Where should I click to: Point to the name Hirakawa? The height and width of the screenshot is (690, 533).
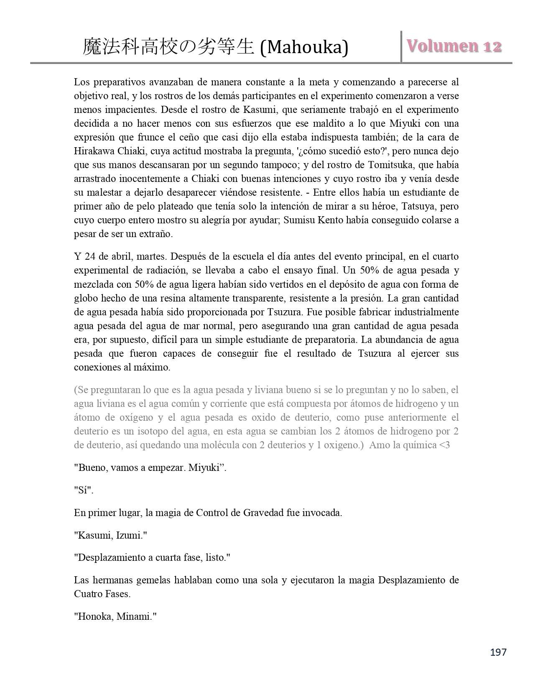pos(92,151)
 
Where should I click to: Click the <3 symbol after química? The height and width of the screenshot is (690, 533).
pos(444,445)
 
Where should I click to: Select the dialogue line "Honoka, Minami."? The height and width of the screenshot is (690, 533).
pos(115,616)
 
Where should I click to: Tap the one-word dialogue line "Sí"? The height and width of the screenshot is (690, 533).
pos(84,490)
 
